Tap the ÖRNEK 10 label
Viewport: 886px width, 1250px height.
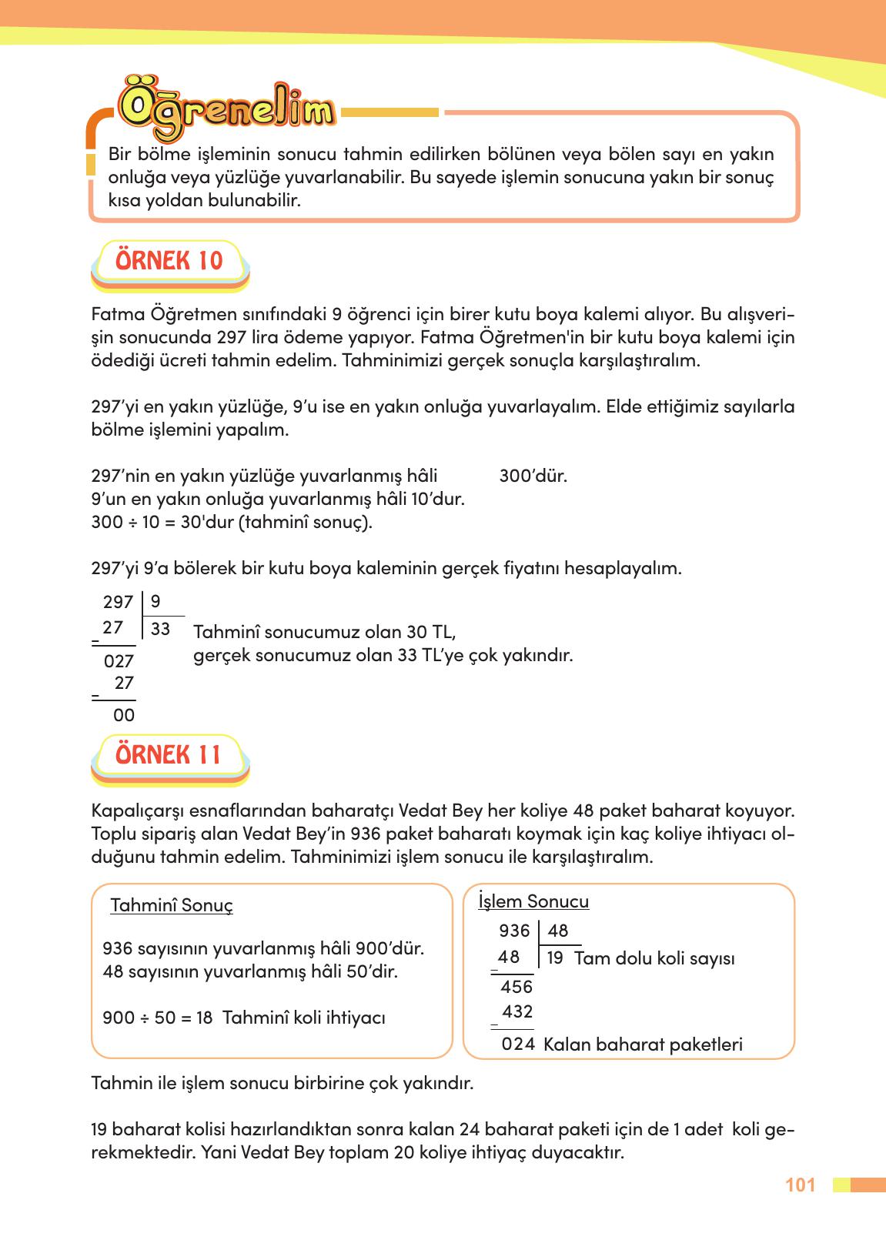pyautogui.click(x=169, y=260)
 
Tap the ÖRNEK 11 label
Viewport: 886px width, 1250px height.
pyautogui.click(x=169, y=754)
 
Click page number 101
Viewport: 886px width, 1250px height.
pyautogui.click(x=801, y=1185)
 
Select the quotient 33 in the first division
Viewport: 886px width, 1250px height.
pyautogui.click(x=160, y=630)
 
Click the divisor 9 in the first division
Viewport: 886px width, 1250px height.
pyautogui.click(x=155, y=601)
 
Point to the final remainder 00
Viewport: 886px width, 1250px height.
pyautogui.click(x=124, y=716)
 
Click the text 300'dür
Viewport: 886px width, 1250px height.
pyautogui.click(x=533, y=476)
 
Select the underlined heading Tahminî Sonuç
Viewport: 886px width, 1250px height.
pyautogui.click(x=172, y=905)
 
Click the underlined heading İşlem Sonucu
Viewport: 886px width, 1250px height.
pyautogui.click(x=533, y=901)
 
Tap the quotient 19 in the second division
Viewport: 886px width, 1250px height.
pyautogui.click(x=555, y=959)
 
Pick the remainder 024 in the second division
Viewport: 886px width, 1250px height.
pyautogui.click(x=518, y=1044)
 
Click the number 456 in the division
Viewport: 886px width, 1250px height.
pyautogui.click(x=516, y=987)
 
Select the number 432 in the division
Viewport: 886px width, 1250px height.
pyautogui.click(x=517, y=1011)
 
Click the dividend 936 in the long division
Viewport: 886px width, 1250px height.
pyautogui.click(x=514, y=931)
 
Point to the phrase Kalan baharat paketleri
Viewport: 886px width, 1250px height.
pyautogui.click(x=643, y=1044)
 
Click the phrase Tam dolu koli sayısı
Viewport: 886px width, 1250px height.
pyautogui.click(x=654, y=959)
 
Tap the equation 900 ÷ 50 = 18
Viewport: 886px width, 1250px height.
pyautogui.click(x=158, y=1018)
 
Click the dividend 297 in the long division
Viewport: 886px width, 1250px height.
pyautogui.click(x=118, y=602)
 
